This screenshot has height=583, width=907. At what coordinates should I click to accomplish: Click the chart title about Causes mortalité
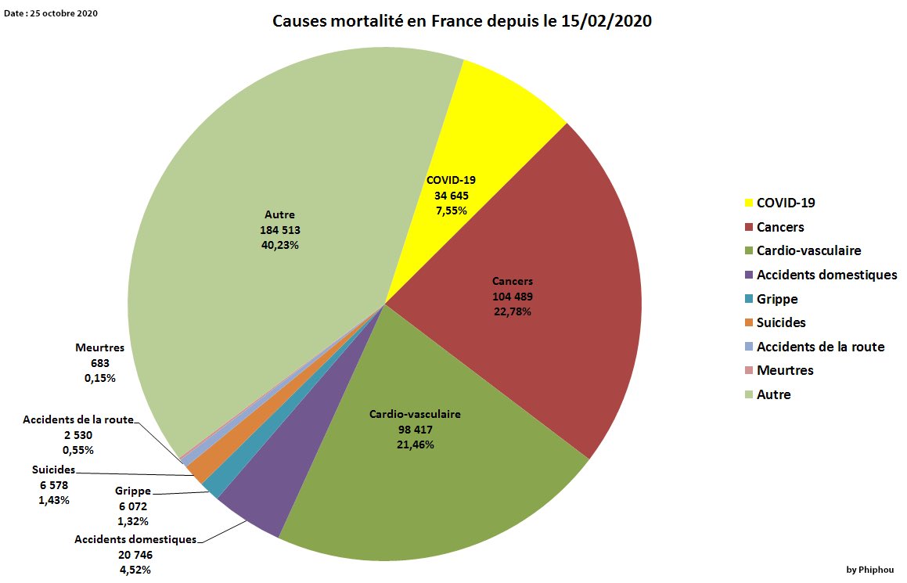point(462,21)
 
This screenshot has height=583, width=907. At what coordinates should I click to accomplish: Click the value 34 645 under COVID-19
point(451,195)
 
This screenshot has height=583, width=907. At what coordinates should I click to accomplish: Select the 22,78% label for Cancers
point(513,311)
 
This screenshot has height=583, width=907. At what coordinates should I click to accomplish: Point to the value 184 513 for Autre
point(279,230)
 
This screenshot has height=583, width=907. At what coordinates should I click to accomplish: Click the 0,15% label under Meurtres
point(99,378)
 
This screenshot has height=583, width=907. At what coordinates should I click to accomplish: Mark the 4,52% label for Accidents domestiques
point(135,570)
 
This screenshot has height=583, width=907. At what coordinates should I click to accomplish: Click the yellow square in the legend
point(749,203)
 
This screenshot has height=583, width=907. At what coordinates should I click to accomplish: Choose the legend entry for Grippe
point(777,299)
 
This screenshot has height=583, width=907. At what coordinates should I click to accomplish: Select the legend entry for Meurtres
point(785,370)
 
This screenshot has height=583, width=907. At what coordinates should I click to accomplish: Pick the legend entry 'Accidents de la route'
point(820,347)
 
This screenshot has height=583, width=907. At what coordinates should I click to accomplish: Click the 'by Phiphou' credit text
point(869,570)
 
